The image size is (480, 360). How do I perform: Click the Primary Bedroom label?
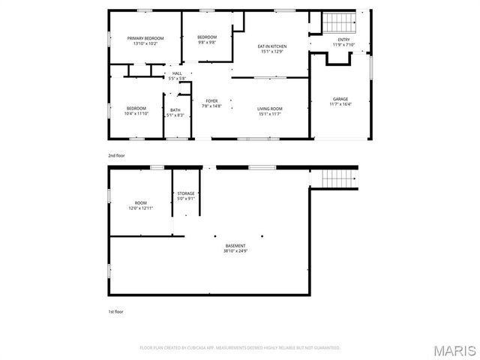pos(145,38)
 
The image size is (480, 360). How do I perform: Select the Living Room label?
pos(270,109)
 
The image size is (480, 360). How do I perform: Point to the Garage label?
pos(340,99)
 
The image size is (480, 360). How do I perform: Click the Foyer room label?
pos(211,101)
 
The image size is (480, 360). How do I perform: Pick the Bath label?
pos(175,110)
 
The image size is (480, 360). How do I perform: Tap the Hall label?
pos(177,73)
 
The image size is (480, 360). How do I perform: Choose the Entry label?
pos(343,40)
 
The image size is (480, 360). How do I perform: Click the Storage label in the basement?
pos(186,193)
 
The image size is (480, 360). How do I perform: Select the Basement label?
pos(235,246)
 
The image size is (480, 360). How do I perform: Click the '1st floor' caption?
pos(115,310)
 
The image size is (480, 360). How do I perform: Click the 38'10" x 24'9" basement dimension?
pos(235,251)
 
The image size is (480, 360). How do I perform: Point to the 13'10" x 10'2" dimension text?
pos(145,43)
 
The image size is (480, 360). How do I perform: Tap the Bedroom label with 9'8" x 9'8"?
pos(207,37)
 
